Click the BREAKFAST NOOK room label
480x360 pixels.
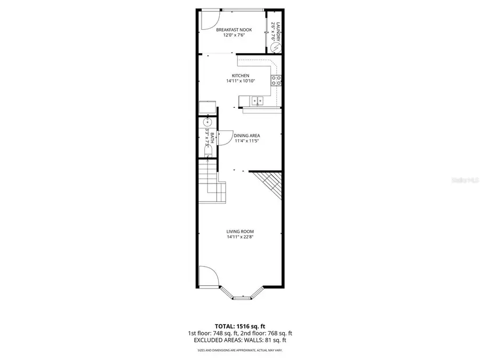click(234, 30)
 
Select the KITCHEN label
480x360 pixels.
click(240, 75)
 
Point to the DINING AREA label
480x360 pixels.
click(246, 135)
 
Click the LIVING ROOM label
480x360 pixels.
click(239, 231)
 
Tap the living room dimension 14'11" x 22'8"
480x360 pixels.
click(239, 237)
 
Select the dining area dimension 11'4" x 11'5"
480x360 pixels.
click(246, 141)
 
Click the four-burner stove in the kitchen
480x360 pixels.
click(276, 81)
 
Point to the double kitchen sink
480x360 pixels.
click(258, 100)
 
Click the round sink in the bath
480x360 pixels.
click(207, 123)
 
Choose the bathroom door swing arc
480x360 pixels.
click(226, 137)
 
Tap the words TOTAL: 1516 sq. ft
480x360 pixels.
click(239, 325)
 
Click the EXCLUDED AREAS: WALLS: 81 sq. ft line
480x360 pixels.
click(239, 340)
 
